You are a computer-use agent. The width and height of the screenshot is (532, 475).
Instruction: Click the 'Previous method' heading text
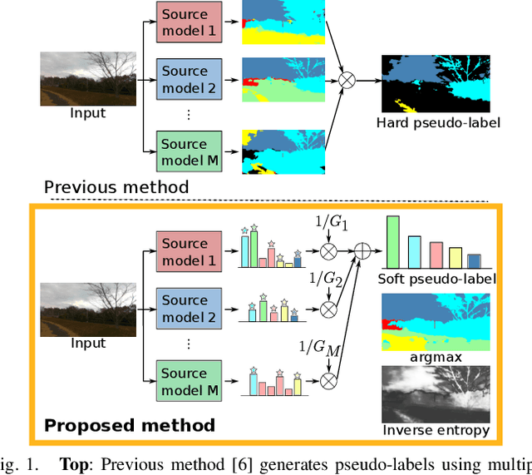[x=116, y=187]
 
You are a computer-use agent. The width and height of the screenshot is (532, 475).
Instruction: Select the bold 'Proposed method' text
[x=129, y=426]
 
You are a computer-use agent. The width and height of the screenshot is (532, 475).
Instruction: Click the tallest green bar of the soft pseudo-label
[x=393, y=242]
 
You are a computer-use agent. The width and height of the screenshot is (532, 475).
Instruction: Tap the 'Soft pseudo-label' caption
[x=437, y=279]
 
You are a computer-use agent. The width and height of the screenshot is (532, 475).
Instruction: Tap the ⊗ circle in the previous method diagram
[x=345, y=81]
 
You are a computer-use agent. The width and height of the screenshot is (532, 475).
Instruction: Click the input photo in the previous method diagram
[x=87, y=79]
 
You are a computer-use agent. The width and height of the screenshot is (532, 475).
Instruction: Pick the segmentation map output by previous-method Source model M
[x=283, y=152]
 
